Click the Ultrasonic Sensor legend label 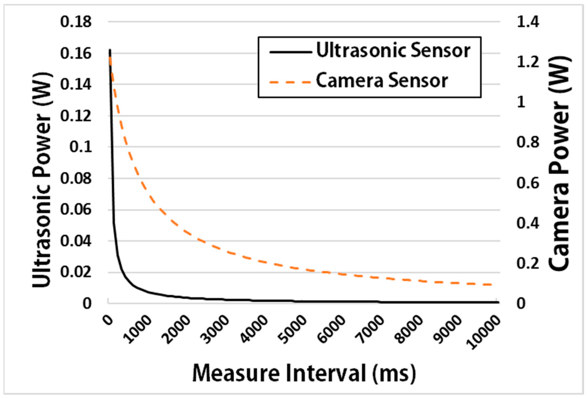pos(393,51)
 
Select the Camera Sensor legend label pos(382,81)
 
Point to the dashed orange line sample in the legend pos(290,82)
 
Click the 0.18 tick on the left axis pos(76,22)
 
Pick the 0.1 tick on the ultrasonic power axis pos(81,147)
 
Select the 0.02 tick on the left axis pos(76,272)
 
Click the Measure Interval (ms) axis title pos(304,373)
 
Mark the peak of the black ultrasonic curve pos(110,50)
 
